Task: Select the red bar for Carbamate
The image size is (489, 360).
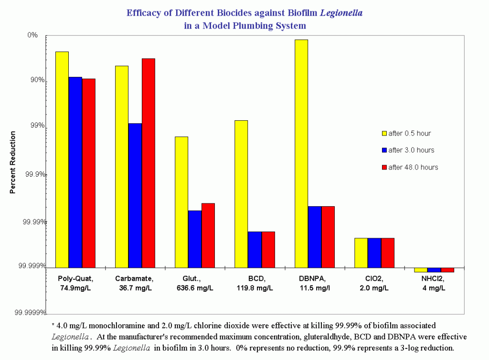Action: (x=148, y=163)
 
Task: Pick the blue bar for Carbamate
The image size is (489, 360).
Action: (x=135, y=195)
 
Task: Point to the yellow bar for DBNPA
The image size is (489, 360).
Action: (x=301, y=153)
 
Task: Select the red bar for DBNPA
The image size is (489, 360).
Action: (x=328, y=237)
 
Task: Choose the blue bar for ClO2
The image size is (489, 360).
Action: (x=374, y=253)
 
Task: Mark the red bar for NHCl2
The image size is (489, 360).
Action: (x=447, y=270)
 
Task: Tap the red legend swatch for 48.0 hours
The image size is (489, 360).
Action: (x=384, y=167)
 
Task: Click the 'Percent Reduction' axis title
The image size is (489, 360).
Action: (x=13, y=163)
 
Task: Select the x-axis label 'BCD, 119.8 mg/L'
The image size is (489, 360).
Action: (x=255, y=283)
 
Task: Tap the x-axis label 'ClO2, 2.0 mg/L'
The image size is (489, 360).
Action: (x=374, y=283)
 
